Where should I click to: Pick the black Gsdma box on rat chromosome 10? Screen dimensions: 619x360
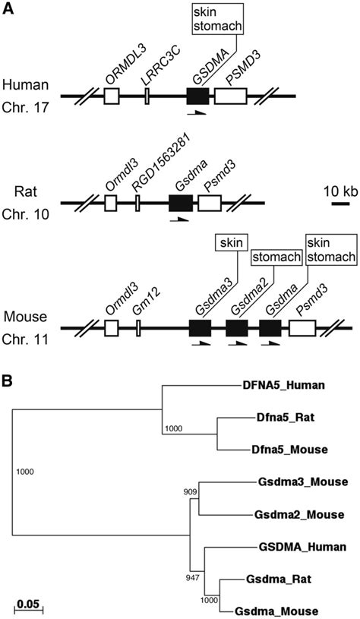click(180, 203)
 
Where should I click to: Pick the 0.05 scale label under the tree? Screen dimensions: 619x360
click(27, 593)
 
